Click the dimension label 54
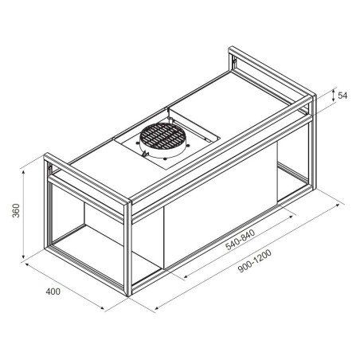(342, 96)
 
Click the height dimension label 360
(16, 210)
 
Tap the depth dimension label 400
(53, 292)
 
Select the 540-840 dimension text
(241, 240)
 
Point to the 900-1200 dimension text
(255, 260)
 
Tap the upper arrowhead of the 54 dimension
(334, 92)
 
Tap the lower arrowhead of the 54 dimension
(334, 100)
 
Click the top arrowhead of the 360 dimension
(24, 172)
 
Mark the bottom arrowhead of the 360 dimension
(24, 256)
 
